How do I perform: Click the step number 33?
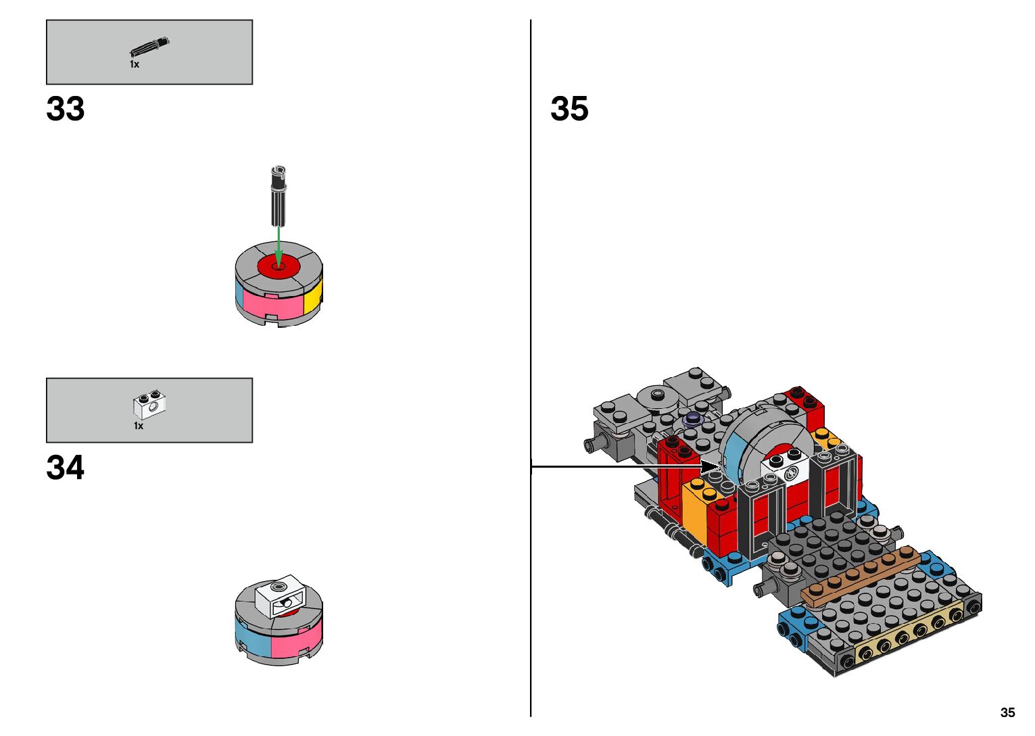point(66,109)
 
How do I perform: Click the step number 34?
point(66,468)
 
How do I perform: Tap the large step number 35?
point(569,109)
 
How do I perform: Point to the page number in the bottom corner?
point(1007,712)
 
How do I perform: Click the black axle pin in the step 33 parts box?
point(149,47)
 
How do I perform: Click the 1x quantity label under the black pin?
point(135,64)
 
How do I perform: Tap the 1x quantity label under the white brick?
point(139,426)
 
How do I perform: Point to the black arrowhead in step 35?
point(710,466)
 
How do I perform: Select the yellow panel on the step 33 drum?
point(312,296)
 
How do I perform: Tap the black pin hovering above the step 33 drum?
point(279,196)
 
